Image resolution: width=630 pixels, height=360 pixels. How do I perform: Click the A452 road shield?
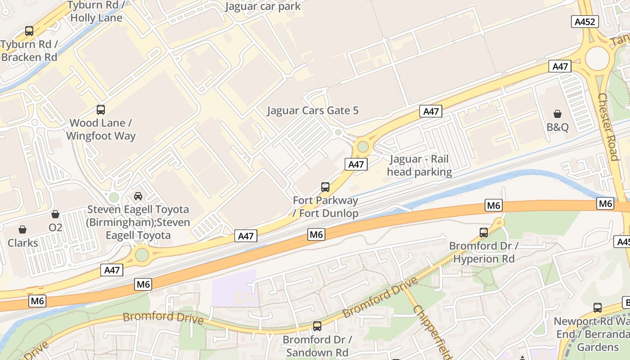click(x=585, y=22)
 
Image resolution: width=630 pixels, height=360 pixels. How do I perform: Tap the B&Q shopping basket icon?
click(x=558, y=114)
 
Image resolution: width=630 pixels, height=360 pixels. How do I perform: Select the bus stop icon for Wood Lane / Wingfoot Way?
click(x=101, y=109)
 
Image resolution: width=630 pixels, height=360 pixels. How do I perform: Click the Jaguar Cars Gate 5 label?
click(x=313, y=110)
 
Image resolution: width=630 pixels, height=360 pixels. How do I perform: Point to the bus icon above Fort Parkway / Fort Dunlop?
click(x=325, y=187)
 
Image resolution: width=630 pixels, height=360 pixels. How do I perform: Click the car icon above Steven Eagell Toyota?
click(x=138, y=196)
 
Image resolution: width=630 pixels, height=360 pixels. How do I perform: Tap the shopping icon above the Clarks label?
click(x=22, y=229)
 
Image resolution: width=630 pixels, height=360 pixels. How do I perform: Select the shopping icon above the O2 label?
click(x=55, y=214)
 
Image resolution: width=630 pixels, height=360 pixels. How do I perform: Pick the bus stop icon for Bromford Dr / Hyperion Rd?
click(x=484, y=232)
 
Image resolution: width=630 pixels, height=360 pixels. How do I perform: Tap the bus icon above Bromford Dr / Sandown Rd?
click(x=317, y=326)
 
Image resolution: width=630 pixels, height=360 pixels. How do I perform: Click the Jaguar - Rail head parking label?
click(x=419, y=166)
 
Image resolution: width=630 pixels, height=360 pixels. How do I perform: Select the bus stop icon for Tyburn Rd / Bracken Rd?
click(x=29, y=31)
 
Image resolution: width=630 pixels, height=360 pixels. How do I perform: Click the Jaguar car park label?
click(x=263, y=6)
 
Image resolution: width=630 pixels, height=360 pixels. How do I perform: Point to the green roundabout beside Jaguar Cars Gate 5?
click(x=362, y=147)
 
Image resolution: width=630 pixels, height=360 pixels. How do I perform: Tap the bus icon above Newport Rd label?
click(x=597, y=308)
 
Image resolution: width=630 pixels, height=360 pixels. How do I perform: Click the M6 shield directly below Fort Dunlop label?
click(x=316, y=234)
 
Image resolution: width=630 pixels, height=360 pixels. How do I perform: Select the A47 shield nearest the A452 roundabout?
click(x=560, y=67)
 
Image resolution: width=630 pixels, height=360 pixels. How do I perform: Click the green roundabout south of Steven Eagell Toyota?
click(x=142, y=255)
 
